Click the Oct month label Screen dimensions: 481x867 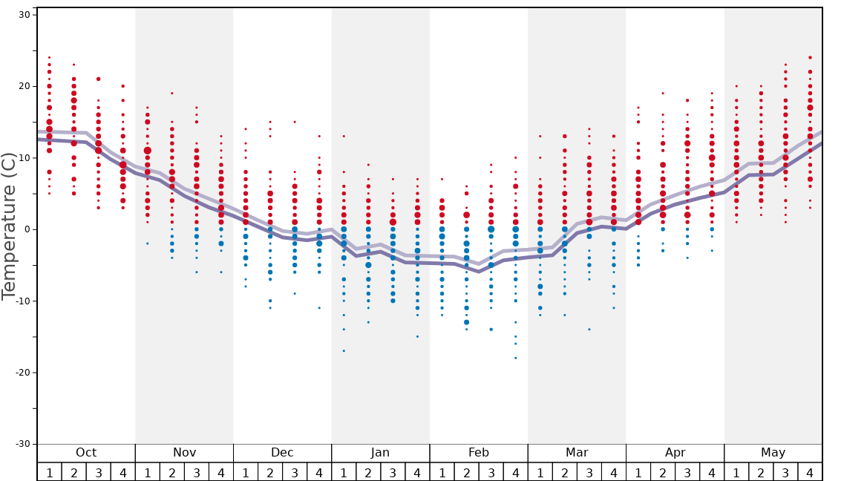(x=86, y=453)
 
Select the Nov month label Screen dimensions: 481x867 (x=184, y=453)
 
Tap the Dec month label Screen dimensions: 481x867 (x=282, y=453)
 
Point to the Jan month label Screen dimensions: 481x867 (x=380, y=453)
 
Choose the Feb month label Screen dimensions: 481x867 (x=479, y=453)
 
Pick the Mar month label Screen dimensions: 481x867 (x=577, y=453)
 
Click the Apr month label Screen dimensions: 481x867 (x=675, y=453)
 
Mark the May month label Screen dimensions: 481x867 (x=773, y=453)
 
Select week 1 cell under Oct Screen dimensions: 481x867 (x=49, y=472)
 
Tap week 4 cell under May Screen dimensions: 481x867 (x=809, y=472)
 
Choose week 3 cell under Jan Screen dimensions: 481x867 (x=393, y=472)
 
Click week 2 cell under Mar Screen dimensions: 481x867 (x=564, y=472)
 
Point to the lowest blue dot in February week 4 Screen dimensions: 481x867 (x=515, y=358)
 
